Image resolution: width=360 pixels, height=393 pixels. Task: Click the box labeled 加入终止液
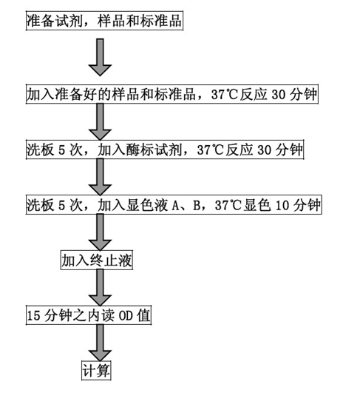[x=97, y=261]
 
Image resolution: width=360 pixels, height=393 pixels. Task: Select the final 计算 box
[x=96, y=371]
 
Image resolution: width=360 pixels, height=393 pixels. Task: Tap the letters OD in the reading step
[x=125, y=315]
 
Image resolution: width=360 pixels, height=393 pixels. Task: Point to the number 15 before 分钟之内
[x=33, y=315]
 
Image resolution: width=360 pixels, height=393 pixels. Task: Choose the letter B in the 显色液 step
[x=197, y=206]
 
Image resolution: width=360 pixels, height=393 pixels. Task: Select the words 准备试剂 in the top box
[x=55, y=21]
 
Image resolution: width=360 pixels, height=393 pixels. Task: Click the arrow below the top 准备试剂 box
[x=100, y=57]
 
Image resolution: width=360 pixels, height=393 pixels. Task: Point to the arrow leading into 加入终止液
[x=100, y=232]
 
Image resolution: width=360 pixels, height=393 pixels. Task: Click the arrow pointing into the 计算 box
[x=100, y=343]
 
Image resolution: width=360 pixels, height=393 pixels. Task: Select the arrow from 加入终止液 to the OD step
[x=100, y=287]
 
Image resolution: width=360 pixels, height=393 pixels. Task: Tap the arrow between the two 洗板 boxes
[x=100, y=177]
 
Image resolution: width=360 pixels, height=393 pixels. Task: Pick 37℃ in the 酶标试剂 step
[x=210, y=150]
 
